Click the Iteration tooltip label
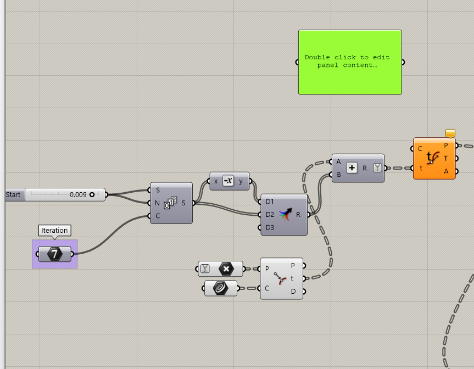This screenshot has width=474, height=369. coord(54,231)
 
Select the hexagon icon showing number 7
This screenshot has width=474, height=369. coord(54,254)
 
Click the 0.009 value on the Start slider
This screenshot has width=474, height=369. coord(77,194)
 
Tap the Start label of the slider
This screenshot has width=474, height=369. coord(13,194)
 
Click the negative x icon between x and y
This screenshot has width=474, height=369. coord(228,181)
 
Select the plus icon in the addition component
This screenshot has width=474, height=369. coord(352,168)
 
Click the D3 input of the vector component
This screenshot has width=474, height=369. coord(269,227)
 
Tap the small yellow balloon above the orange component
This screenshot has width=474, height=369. coord(450,133)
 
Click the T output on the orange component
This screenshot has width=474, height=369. coord(446,158)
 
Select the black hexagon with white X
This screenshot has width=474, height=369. coord(226,269)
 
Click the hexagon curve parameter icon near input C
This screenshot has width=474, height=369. coord(221,288)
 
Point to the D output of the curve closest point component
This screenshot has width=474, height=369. coord(293,292)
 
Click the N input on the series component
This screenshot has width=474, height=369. coord(158,203)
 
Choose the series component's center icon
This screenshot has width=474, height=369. coord(170,203)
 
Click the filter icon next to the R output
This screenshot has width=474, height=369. coord(377,168)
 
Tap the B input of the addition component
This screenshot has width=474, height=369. coord(339,175)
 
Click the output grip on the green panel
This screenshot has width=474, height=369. coord(403,62)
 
